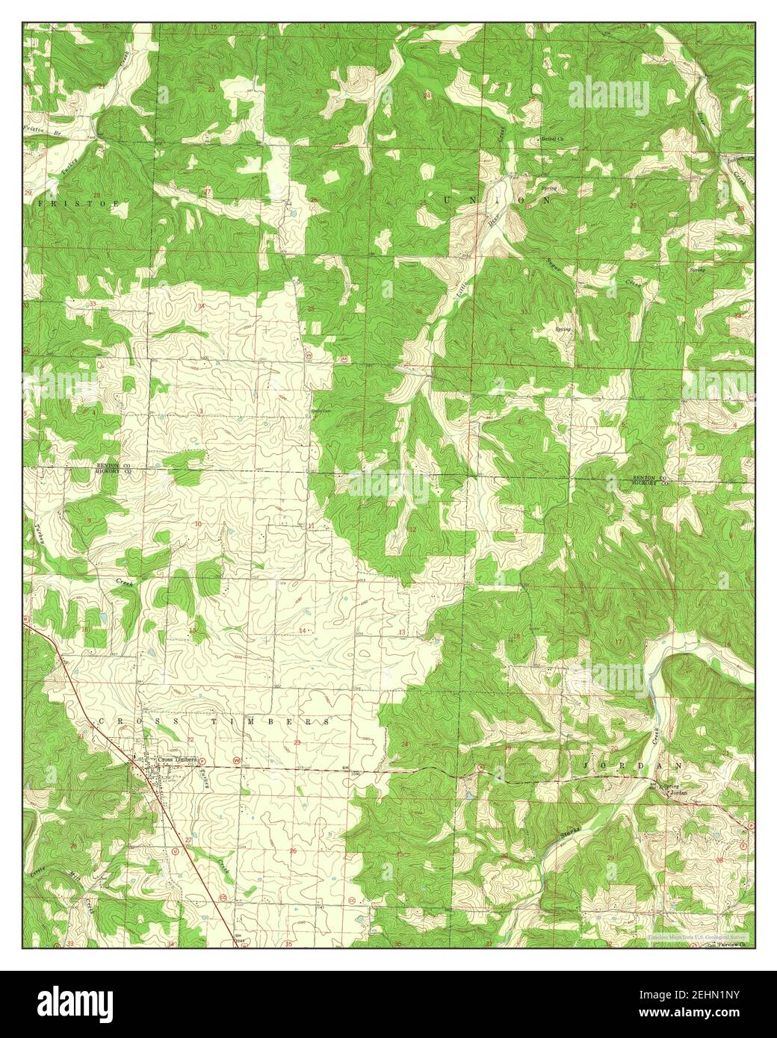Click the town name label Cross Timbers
(176, 759)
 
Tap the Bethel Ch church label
(552, 140)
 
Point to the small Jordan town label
(678, 793)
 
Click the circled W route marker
(237, 760)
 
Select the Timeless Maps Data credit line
(700, 935)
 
